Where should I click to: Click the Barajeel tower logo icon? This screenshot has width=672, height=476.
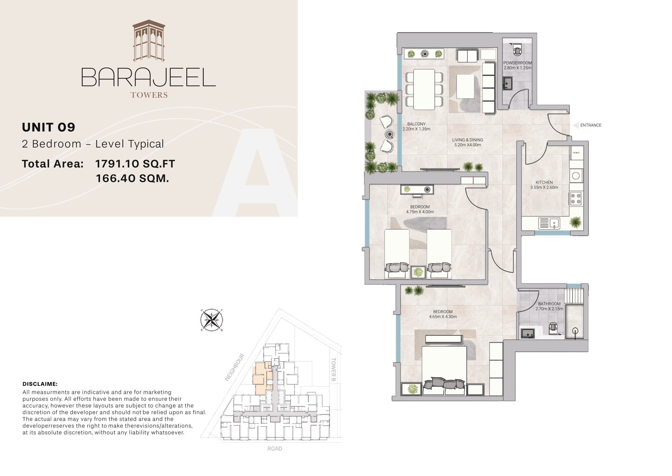149,41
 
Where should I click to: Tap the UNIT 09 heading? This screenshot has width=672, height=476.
49,127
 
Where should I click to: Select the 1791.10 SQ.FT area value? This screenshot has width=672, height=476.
135,164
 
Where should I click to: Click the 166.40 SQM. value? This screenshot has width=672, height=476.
132,178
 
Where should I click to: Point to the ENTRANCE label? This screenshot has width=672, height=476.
591,125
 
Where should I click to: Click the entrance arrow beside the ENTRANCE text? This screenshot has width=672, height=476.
576,125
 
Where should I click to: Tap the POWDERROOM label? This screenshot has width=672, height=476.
517,63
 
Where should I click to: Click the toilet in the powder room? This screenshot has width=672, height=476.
517,50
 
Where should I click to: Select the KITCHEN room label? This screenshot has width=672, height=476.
544,182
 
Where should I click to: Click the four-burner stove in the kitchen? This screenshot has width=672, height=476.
576,198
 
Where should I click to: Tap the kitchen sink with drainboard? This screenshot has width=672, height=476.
549,223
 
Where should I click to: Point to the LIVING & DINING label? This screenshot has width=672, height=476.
468,140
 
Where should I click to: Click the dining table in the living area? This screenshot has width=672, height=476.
424,89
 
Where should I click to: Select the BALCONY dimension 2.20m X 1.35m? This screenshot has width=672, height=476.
416,129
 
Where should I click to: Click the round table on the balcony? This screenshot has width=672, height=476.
390,134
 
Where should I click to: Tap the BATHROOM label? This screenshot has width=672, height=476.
549,304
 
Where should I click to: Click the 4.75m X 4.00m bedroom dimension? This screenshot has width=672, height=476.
420,212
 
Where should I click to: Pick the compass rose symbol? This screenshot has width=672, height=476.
212,320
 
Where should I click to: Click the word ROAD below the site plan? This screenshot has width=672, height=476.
275,448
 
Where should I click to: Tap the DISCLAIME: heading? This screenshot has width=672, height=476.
40,384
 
